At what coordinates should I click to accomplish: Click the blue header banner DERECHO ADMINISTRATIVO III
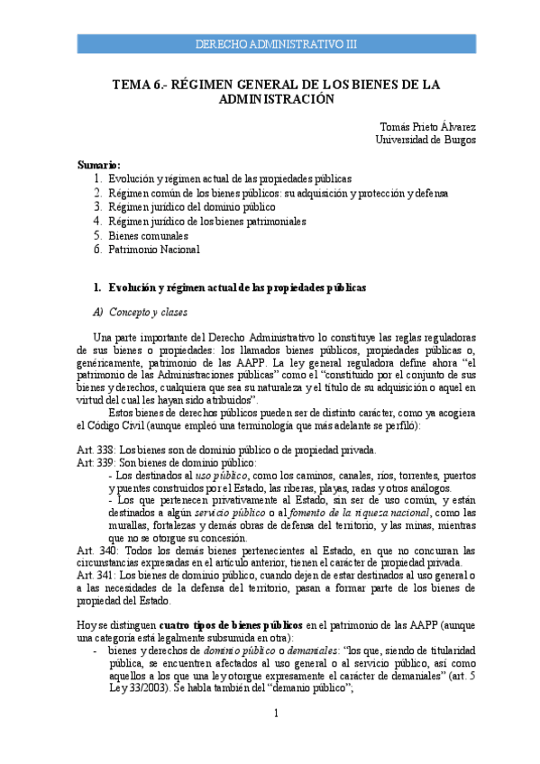(276, 43)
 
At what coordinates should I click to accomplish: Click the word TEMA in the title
(132, 85)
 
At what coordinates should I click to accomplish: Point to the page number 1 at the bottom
(278, 738)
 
